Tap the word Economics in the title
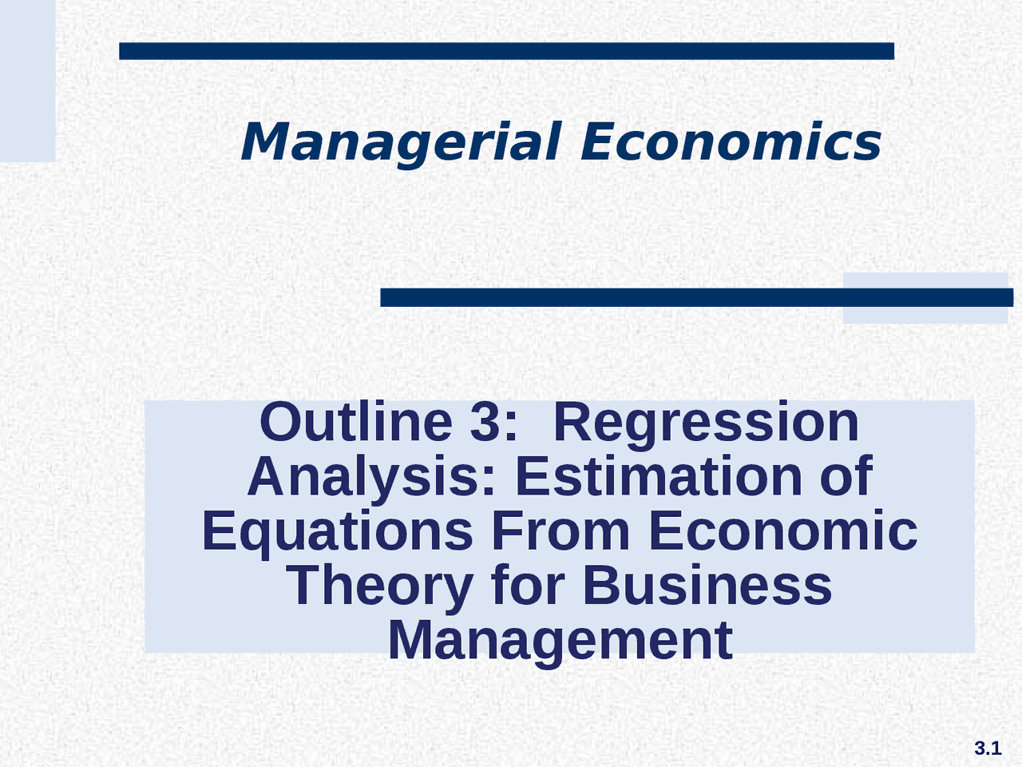tap(731, 142)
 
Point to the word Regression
tap(706, 423)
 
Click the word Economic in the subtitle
tap(782, 531)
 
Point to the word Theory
tap(379, 586)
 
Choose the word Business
tap(707, 586)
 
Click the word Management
tap(560, 640)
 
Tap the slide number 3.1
tap(988, 749)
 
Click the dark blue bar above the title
tap(506, 51)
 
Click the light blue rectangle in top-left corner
tap(27, 80)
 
